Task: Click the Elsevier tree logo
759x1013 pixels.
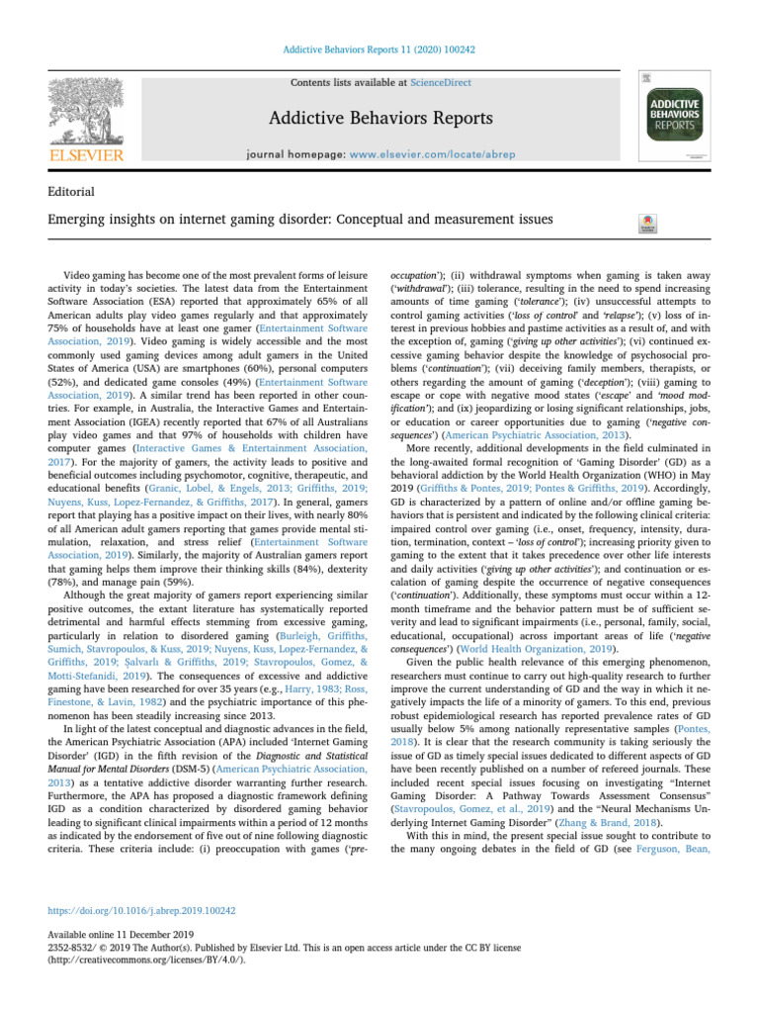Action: click(x=88, y=108)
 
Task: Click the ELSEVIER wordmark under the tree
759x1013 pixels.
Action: click(x=88, y=155)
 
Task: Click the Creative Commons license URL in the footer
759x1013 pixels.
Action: click(x=132, y=960)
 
